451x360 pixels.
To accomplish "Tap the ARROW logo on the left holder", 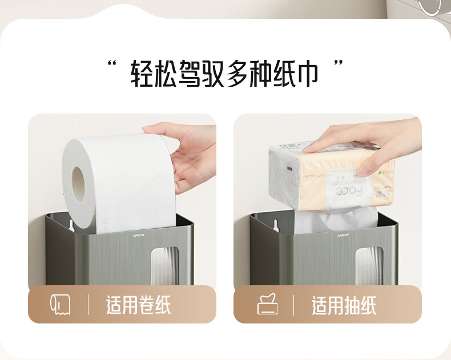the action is tap(139, 235).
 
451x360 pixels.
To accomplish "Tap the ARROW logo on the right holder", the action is tap(343, 235).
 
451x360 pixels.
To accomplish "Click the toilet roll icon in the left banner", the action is tap(60, 304).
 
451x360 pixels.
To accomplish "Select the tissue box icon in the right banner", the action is tap(267, 304).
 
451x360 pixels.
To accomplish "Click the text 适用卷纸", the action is tap(138, 305).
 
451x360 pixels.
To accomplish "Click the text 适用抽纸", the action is tap(344, 305).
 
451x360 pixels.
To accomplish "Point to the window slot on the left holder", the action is tap(165, 266).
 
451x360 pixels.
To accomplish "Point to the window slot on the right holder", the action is tap(369, 266).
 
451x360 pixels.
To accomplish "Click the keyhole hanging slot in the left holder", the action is tap(72, 226).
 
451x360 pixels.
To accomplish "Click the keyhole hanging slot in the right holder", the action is tap(276, 226).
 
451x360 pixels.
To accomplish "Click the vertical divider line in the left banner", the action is tap(88, 305).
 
